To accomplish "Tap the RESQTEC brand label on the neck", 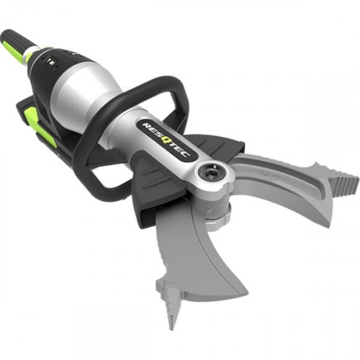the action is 166,140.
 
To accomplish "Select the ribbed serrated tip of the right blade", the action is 343,182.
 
